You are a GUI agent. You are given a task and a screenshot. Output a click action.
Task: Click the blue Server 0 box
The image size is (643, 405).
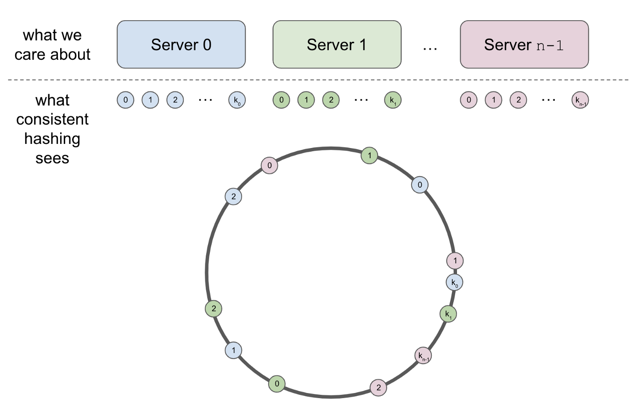tap(181, 45)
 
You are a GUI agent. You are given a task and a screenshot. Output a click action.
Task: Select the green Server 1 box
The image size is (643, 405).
tap(337, 45)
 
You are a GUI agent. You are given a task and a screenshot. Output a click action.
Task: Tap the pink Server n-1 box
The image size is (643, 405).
tap(524, 45)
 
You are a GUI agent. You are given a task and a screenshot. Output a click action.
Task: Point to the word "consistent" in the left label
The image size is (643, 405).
tap(52, 120)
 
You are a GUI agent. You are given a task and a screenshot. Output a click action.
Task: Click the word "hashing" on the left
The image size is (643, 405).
tap(52, 139)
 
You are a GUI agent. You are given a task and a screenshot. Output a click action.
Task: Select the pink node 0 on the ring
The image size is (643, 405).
tap(270, 165)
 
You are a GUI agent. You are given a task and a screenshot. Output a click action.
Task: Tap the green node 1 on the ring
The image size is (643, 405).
tap(369, 156)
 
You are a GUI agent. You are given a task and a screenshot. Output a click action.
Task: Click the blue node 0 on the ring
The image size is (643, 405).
tap(420, 185)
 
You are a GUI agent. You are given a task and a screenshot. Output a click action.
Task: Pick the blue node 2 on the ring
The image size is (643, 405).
tap(233, 197)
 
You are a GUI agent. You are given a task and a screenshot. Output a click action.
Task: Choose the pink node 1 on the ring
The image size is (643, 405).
tap(455, 261)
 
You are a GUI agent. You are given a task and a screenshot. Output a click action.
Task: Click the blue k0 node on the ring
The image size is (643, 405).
tap(455, 283)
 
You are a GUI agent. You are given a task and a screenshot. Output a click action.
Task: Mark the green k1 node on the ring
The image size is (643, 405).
tap(448, 314)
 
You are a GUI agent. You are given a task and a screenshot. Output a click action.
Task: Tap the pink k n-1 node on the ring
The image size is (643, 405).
tap(423, 356)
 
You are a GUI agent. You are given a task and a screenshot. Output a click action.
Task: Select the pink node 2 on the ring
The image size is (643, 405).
tap(378, 388)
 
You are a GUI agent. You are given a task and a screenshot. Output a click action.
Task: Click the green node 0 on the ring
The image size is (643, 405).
tap(277, 384)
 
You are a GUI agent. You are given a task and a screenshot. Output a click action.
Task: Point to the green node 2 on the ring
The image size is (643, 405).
tap(214, 308)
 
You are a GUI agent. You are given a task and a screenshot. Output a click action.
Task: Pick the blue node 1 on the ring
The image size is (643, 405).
tap(233, 350)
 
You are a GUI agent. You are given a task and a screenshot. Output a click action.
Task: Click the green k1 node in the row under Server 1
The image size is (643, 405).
tap(393, 100)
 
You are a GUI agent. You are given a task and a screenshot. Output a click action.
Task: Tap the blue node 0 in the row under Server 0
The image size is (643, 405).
tap(125, 100)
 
